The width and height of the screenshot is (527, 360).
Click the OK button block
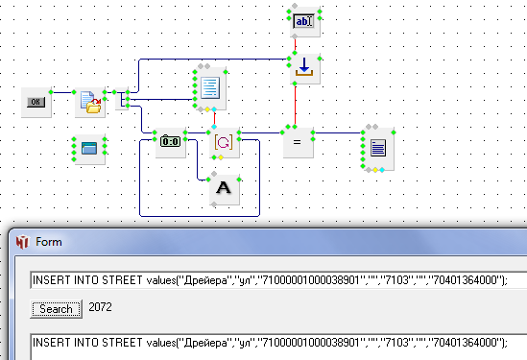36,102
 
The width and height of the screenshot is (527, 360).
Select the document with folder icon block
90,102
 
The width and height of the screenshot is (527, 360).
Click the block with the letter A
225,189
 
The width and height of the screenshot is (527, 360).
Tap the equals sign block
299,142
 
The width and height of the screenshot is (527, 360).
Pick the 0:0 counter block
171,142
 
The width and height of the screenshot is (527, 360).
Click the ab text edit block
305,21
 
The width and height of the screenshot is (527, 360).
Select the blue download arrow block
305,68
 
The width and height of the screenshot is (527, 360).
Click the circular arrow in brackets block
225,142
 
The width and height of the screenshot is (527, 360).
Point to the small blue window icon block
89,149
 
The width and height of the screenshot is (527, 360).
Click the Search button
56,308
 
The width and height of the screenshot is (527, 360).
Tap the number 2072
100,307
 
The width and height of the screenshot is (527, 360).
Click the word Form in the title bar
49,242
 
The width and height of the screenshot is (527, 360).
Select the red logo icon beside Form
22,242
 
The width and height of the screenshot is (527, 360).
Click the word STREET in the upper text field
122,280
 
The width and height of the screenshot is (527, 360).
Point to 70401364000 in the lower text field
465,343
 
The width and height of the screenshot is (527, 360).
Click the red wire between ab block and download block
295,45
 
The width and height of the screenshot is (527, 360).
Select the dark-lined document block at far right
378,149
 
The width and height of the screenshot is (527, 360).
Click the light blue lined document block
210,88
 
